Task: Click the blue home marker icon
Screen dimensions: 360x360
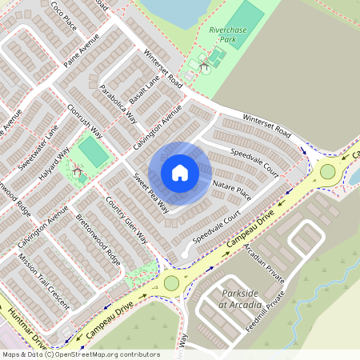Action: click(180, 173)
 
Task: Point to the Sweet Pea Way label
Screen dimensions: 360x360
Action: click(151, 193)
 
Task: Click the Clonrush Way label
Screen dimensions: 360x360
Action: click(86, 119)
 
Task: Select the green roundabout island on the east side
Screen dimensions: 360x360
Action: click(327, 170)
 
